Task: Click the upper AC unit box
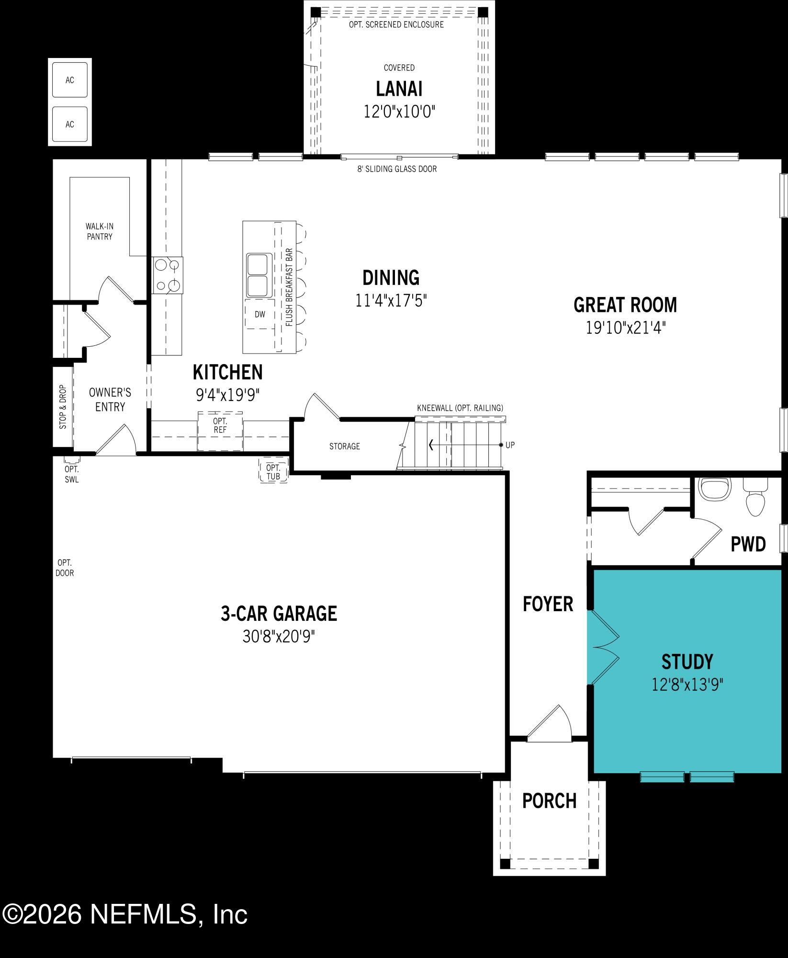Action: (70, 80)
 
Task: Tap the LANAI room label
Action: (399, 90)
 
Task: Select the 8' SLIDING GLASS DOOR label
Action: (397, 169)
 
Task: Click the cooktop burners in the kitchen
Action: (168, 275)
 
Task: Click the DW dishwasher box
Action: (260, 314)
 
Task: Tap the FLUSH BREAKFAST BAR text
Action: (289, 287)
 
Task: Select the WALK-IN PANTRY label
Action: (100, 231)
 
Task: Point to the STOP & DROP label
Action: (63, 407)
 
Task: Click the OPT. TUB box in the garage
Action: (273, 472)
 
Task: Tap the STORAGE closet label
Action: (344, 446)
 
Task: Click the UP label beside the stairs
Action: (510, 445)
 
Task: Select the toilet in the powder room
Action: (756, 501)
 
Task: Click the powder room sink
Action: (715, 489)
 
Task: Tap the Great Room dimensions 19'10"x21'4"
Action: (626, 328)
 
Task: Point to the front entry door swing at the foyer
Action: (551, 725)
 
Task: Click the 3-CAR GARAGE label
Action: (279, 614)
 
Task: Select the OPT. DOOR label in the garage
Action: (65, 568)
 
